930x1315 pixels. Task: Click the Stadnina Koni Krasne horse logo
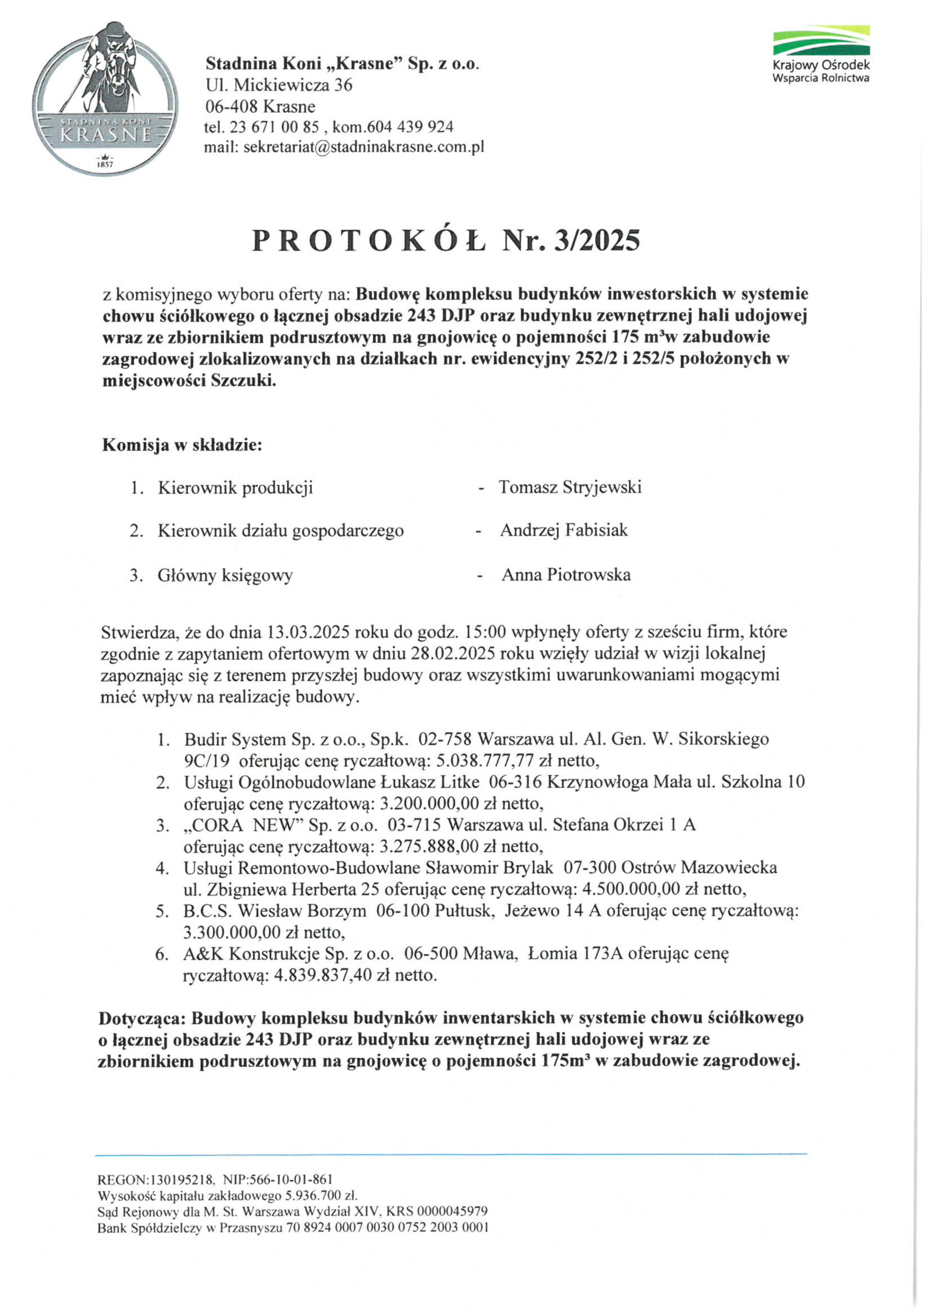[x=105, y=99]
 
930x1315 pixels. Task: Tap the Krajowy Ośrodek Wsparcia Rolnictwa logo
[x=821, y=54]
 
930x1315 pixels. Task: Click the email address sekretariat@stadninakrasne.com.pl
[x=364, y=147]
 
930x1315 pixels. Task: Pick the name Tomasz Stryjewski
[x=570, y=487]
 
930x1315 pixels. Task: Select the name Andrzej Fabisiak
[x=563, y=530]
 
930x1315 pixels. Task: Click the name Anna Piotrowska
[x=566, y=575]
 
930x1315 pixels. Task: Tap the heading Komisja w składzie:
[x=182, y=445]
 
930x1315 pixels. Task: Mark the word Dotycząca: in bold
[x=143, y=1018]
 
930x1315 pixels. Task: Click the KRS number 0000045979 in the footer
[x=452, y=1212]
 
